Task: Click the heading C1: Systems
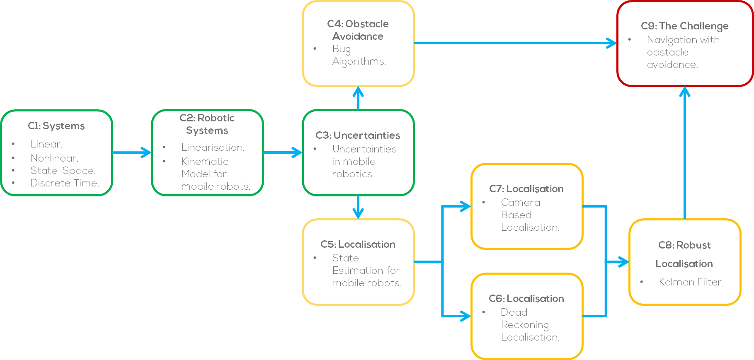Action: [x=56, y=126]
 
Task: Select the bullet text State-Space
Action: [x=63, y=171]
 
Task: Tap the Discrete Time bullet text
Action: [x=64, y=183]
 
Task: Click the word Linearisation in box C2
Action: [x=213, y=147]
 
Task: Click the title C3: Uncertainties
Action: [x=358, y=135]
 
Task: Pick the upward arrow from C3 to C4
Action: [x=358, y=98]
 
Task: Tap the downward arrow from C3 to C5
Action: [x=358, y=207]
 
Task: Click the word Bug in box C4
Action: [x=342, y=49]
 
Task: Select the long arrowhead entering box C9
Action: [x=611, y=43]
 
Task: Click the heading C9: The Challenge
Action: [x=684, y=26]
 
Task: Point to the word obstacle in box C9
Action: [x=667, y=52]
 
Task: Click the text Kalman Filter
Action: [x=691, y=282]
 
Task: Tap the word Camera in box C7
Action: [x=520, y=203]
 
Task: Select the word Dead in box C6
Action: [x=514, y=312]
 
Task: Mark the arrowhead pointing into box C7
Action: [x=465, y=206]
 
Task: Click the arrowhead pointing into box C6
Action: [x=465, y=316]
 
